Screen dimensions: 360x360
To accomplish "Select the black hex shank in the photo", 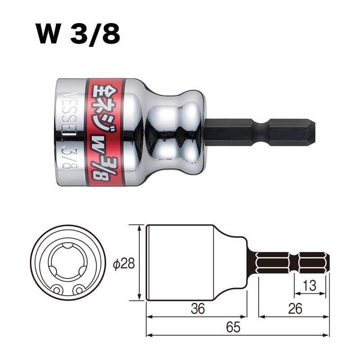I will pyautogui.click(x=252, y=132).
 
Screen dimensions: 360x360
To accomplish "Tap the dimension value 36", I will pyautogui.click(x=198, y=309).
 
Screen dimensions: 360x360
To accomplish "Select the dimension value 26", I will pyautogui.click(x=293, y=309).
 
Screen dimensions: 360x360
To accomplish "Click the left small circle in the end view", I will pyautogui.click(x=57, y=290).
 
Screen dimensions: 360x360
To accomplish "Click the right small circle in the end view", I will pyautogui.click(x=79, y=290).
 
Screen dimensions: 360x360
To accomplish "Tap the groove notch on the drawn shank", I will pyautogui.click(x=293, y=263).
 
